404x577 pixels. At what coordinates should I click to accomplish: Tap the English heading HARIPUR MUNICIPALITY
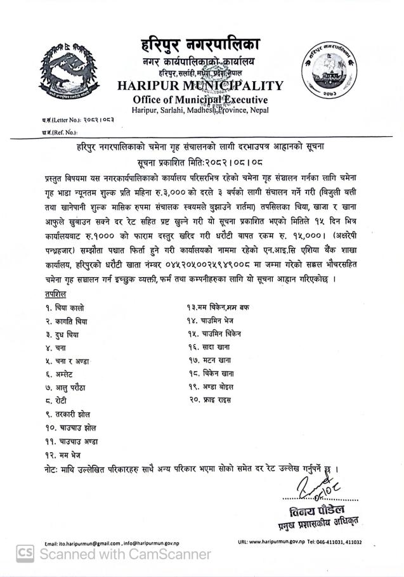[200, 86]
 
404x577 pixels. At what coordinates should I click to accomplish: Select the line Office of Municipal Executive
[200, 100]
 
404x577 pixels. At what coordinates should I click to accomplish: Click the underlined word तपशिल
[56, 295]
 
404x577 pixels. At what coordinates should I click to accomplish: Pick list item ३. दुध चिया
[67, 335]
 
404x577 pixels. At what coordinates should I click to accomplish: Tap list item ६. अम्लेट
[62, 374]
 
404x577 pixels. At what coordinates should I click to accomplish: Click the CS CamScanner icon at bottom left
[25, 554]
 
